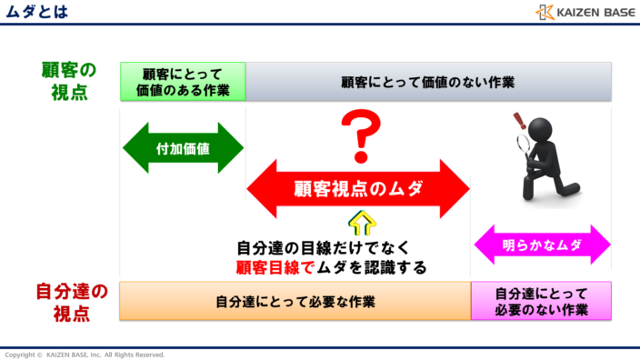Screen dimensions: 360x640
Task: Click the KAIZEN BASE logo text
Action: tap(594, 13)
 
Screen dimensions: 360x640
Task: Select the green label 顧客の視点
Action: tap(68, 81)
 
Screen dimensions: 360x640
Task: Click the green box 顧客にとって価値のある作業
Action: tap(183, 82)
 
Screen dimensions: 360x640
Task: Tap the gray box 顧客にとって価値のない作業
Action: tap(427, 82)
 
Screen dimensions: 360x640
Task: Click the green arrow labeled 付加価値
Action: tap(183, 147)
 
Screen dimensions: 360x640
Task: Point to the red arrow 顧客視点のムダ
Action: tap(357, 188)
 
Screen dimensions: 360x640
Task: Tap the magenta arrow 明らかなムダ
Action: tap(543, 245)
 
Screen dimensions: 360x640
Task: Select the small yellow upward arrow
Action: tap(361, 223)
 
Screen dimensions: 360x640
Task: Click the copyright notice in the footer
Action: tap(85, 354)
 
